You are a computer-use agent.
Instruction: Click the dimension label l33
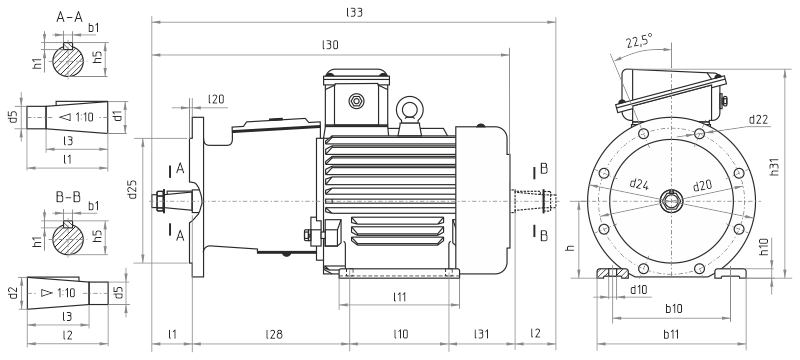[x=354, y=13]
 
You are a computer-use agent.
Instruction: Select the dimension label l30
[x=330, y=45]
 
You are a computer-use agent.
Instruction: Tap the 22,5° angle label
[x=640, y=41]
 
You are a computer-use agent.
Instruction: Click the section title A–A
[x=69, y=18]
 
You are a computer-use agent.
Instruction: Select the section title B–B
[x=68, y=197]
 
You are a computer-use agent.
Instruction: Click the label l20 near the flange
[x=216, y=99]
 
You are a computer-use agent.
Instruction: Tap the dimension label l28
[x=273, y=334]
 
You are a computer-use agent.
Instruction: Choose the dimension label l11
[x=400, y=296]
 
